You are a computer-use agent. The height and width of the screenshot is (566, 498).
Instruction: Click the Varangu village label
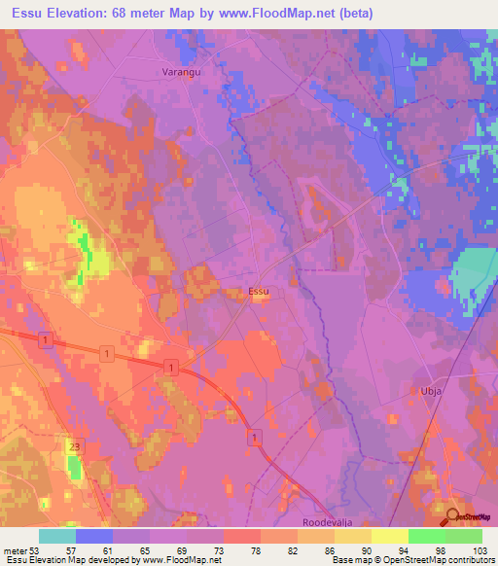coord(179,72)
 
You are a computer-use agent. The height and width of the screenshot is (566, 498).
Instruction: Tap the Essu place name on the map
coord(259,291)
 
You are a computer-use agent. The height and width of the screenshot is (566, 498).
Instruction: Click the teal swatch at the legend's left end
coord(57,536)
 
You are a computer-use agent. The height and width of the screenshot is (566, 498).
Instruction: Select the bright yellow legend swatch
coord(390,536)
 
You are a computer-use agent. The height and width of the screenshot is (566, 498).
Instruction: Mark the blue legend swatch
coord(94,536)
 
